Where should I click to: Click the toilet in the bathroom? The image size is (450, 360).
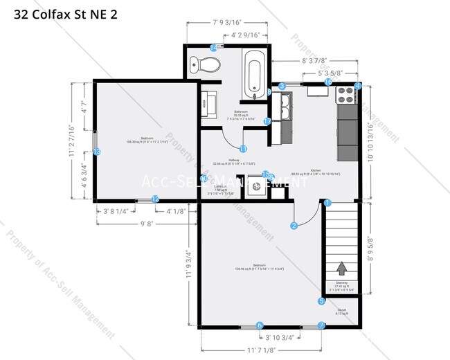tap(208, 65)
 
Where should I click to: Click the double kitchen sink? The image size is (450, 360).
tap(282, 107)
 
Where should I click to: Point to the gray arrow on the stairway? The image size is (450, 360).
tap(341, 268)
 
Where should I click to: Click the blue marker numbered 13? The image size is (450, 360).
tap(97, 152)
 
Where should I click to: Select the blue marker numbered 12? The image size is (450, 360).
tap(155, 199)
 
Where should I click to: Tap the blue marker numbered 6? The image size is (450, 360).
tap(260, 325)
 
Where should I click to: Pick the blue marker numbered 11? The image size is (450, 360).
tap(243, 148)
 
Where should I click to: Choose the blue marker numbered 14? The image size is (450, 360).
tap(213, 48)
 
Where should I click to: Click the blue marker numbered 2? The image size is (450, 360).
tap(294, 225)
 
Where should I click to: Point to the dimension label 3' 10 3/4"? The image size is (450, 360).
tap(280, 337)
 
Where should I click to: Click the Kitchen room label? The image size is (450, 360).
tap(315, 170)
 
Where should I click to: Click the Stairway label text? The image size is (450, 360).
tap(341, 285)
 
